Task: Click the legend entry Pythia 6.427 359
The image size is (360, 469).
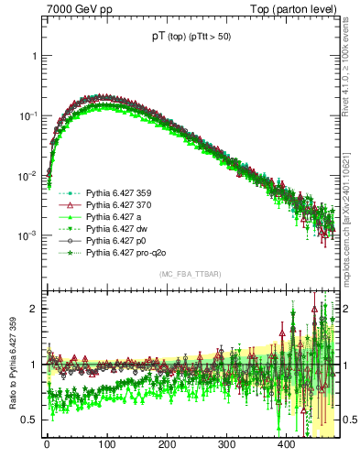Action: pos(117,194)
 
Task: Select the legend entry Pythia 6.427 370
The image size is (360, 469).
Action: pos(117,207)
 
